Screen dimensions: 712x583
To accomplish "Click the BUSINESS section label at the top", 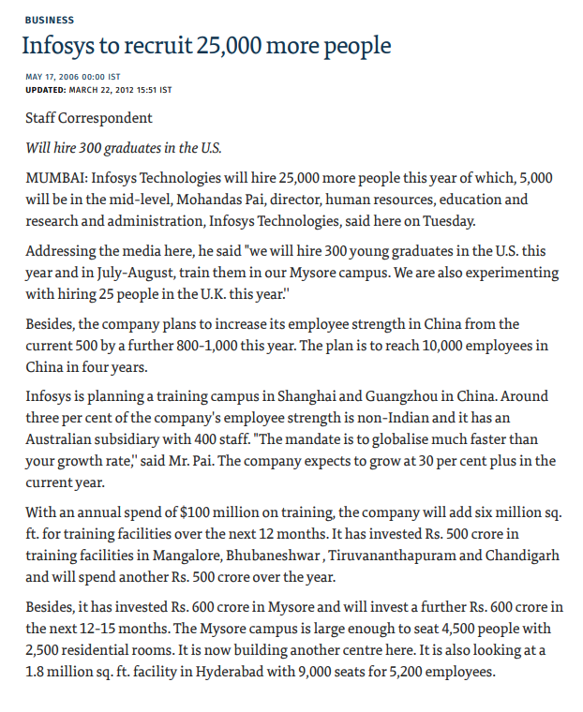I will click(x=50, y=19).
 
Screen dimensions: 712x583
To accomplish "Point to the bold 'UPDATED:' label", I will click(x=46, y=90).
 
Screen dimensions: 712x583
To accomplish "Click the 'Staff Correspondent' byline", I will click(x=89, y=119).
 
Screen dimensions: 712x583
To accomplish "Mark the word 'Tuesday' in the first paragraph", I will click(x=449, y=222).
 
